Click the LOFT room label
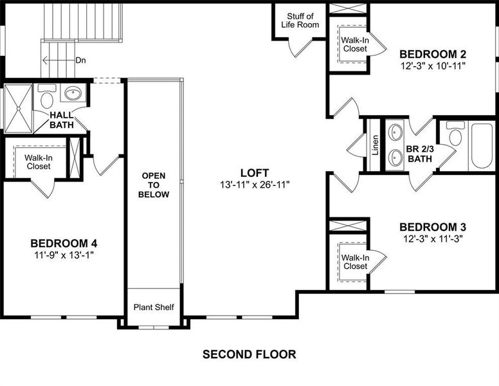[x=254, y=172]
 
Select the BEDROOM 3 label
[x=432, y=227]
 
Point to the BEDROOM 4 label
[x=64, y=243]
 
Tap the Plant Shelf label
[x=153, y=307]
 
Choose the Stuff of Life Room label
[x=300, y=21]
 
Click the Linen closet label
[x=375, y=145]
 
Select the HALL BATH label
[x=62, y=120]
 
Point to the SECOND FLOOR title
[x=250, y=354]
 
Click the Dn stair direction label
[x=81, y=60]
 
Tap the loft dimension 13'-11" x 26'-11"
[x=254, y=185]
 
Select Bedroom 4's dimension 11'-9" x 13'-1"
[x=64, y=255]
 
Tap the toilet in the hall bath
[x=47, y=98]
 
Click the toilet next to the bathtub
[x=455, y=134]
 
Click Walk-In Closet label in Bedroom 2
[x=354, y=44]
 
